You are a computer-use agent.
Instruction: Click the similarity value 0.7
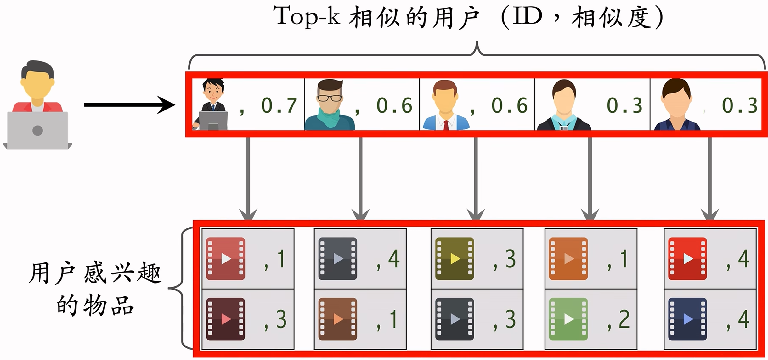[279, 105]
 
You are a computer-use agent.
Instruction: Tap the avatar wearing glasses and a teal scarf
[329, 104]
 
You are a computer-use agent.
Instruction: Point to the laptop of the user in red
[37, 130]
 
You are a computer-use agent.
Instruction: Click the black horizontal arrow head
[167, 105]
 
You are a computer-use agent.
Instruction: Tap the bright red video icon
[687, 259]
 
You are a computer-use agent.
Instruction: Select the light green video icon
[568, 319]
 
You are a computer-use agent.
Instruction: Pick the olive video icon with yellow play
[454, 259]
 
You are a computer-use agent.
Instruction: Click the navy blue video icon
[687, 319]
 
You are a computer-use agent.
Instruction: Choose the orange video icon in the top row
[568, 259]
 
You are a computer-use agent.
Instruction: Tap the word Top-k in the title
[307, 16]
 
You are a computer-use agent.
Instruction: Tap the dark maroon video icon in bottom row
[225, 319]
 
